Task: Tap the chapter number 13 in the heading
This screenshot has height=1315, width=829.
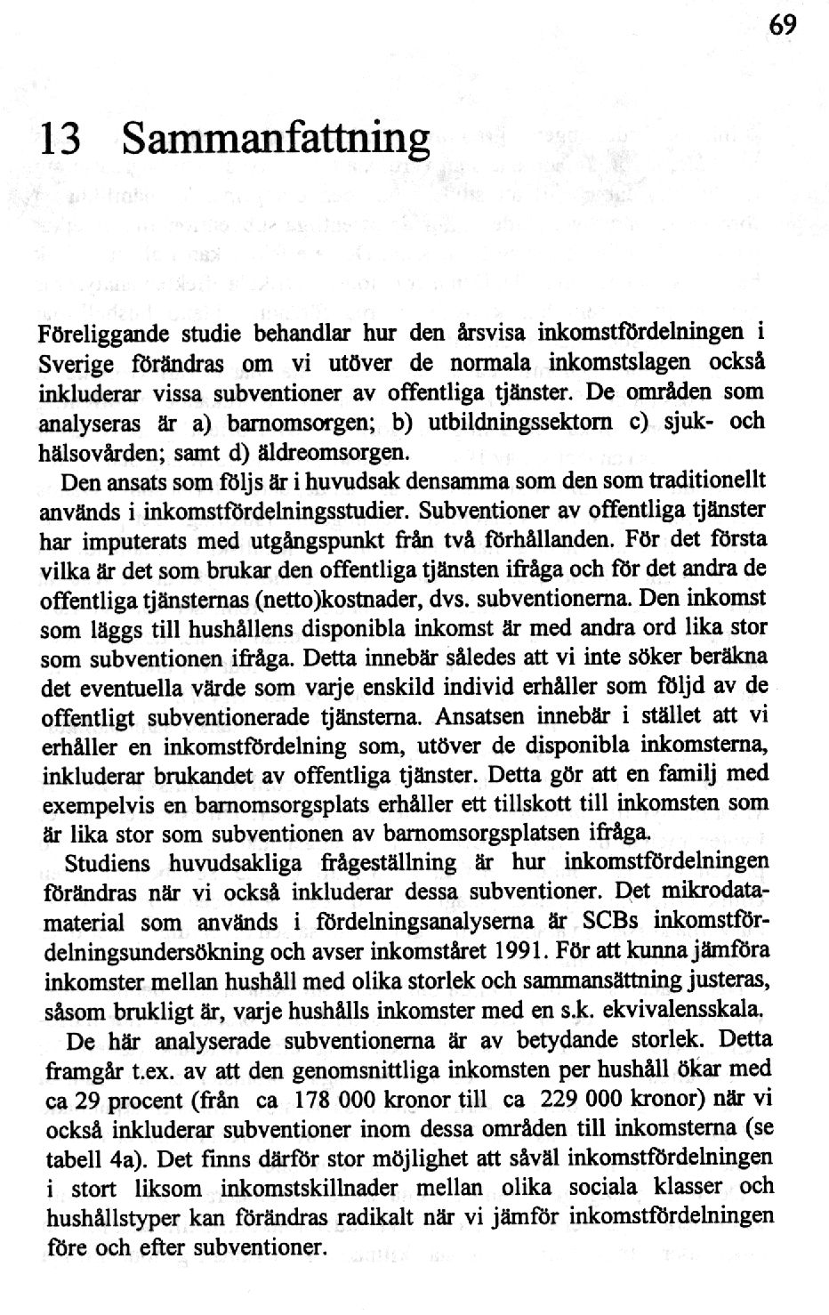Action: [60, 139]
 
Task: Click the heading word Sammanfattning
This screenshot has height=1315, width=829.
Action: [276, 139]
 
